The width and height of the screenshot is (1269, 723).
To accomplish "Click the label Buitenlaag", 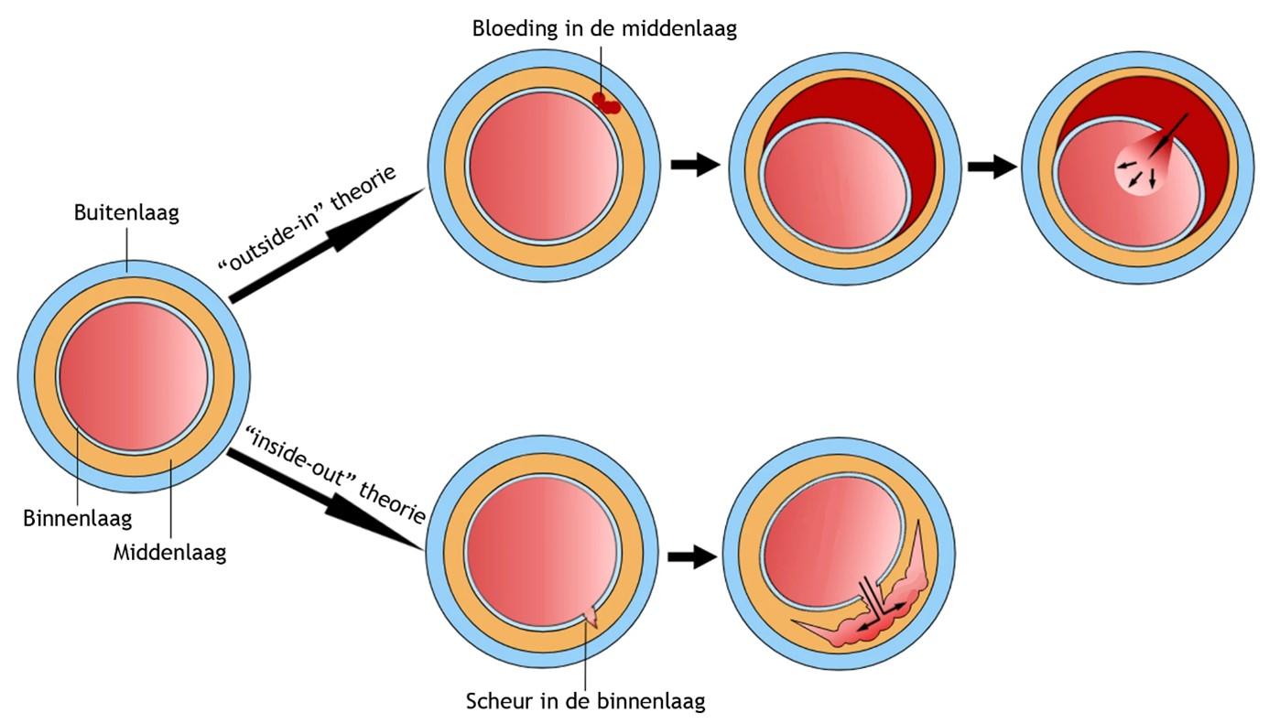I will click(126, 213).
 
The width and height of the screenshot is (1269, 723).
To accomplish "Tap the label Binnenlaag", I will click(77, 519).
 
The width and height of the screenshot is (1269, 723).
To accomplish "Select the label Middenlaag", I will click(169, 553).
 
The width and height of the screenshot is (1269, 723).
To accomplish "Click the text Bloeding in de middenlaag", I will click(604, 28).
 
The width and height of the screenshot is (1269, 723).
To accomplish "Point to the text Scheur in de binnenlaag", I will click(586, 702).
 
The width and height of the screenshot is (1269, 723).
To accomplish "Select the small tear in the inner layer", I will click(590, 618).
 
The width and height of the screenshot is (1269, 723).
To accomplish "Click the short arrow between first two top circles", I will click(695, 166).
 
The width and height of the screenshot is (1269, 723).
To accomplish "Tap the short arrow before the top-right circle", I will click(992, 167).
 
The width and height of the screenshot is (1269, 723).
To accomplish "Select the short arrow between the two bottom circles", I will click(692, 556).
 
